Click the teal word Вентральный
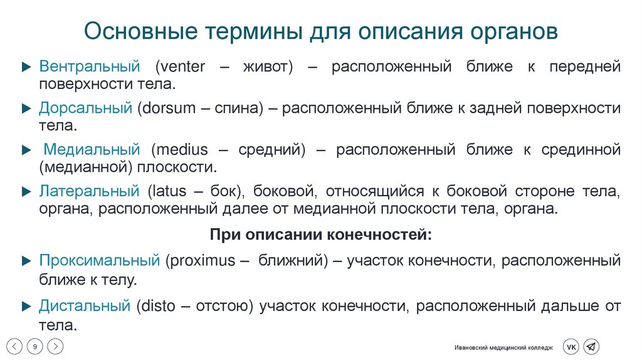(88, 66)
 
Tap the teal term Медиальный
(92, 150)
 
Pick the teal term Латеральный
(89, 191)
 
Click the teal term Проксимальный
(100, 260)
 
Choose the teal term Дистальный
(85, 306)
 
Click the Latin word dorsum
(167, 108)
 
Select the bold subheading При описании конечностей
(320, 234)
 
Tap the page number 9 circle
(35, 346)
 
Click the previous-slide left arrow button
(15, 346)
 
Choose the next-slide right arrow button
(55, 346)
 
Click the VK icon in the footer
(571, 347)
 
